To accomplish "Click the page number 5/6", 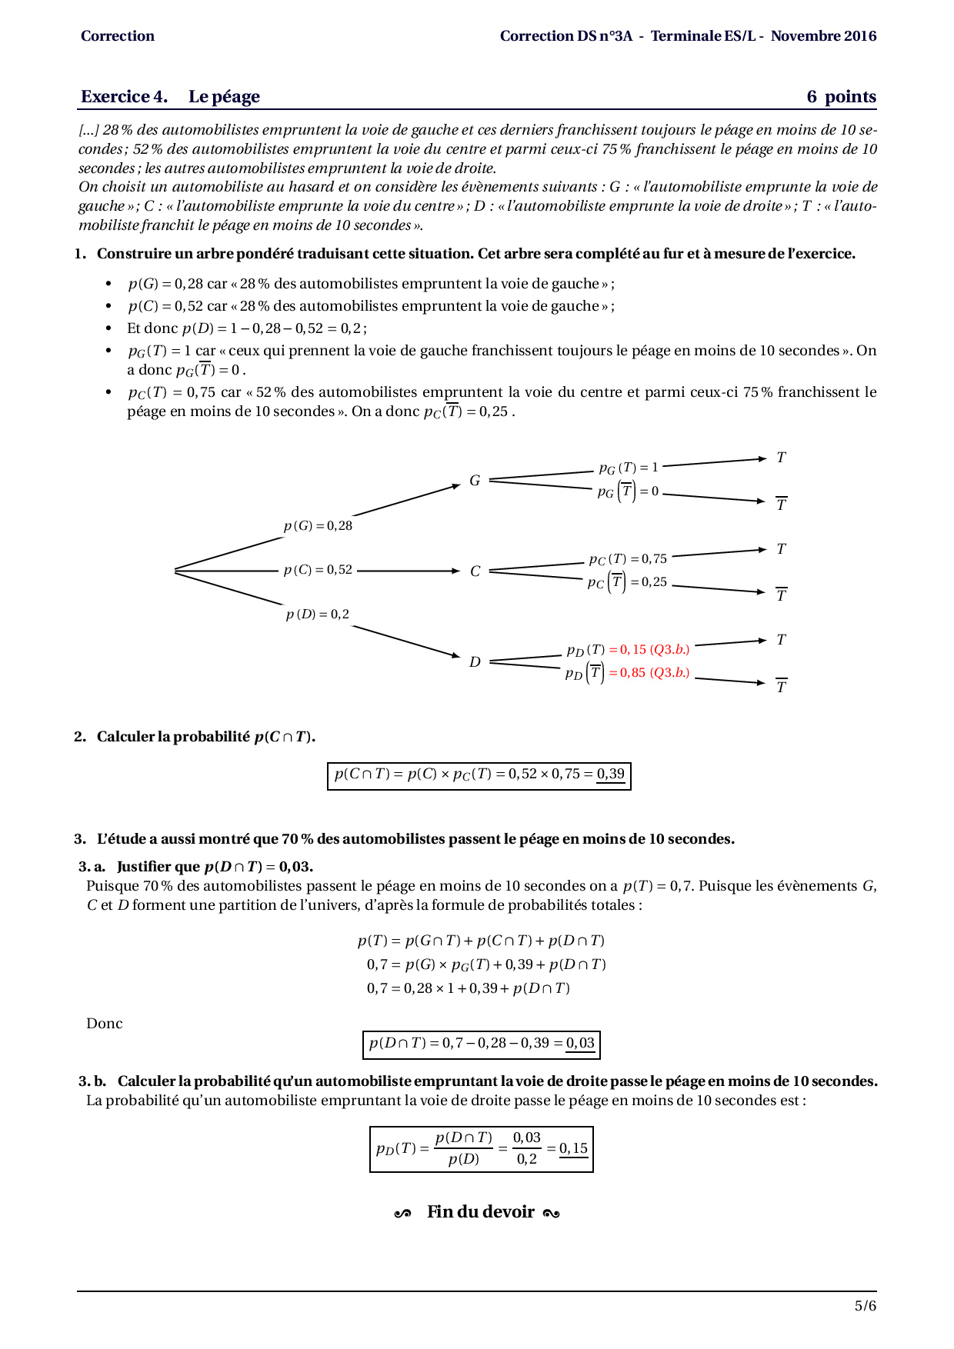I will [865, 1305].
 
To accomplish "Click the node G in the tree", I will [475, 481].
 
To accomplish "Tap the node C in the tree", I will [475, 571].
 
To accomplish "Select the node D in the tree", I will [475, 662].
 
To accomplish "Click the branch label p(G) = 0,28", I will [318, 526].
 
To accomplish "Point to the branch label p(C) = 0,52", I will [318, 570].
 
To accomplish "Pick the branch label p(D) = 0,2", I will [318, 615].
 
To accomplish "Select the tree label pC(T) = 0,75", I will [628, 559].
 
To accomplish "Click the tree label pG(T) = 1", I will [629, 468].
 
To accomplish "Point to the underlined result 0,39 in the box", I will [611, 774].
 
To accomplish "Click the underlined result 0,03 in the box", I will [580, 1043].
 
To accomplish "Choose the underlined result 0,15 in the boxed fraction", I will [573, 1148].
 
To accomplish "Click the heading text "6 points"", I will [841, 97].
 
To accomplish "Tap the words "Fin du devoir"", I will [480, 1212].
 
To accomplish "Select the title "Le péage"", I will [224, 97].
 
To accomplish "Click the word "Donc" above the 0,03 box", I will [105, 1024].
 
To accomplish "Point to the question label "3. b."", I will [92, 1081].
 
